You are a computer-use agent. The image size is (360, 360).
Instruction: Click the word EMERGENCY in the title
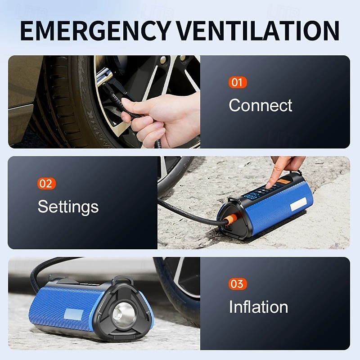[x=95, y=31]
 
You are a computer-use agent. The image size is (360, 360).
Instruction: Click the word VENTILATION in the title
[x=258, y=31]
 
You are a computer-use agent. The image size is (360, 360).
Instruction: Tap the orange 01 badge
[x=237, y=82]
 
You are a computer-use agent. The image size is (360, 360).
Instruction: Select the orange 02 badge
[x=46, y=184]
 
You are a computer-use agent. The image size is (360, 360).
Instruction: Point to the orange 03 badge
[x=237, y=284]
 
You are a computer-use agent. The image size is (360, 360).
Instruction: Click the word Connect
[x=260, y=105]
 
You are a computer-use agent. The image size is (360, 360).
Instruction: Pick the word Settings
[x=68, y=207]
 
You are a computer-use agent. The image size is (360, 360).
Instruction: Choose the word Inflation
[x=258, y=307]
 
